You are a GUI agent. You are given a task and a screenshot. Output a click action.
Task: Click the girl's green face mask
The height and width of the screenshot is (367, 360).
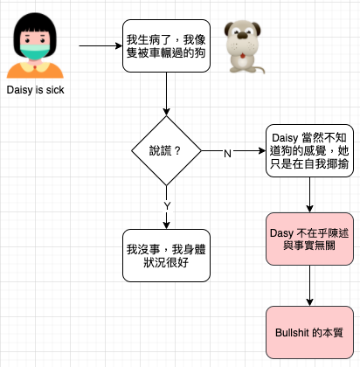tap(35, 52)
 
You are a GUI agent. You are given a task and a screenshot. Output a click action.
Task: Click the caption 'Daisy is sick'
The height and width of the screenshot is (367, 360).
tap(35, 90)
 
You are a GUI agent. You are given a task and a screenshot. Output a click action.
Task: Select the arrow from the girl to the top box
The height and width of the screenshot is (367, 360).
tap(100, 45)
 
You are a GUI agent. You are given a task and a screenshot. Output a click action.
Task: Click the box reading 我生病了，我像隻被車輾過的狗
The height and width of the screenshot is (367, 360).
tap(166, 45)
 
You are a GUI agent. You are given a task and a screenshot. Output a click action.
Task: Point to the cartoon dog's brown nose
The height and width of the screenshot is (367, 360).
tap(242, 36)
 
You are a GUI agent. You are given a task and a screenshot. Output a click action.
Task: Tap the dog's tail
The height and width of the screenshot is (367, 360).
tap(259, 69)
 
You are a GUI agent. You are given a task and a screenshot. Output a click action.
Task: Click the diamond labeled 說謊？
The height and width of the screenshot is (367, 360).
tap(166, 151)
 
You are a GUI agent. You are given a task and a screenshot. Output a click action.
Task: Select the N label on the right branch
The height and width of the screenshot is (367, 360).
tap(227, 154)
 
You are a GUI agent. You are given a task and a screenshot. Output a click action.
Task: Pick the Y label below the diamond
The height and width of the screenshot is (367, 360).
tap(167, 206)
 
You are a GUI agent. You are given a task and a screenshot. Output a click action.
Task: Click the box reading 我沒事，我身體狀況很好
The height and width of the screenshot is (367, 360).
tap(166, 255)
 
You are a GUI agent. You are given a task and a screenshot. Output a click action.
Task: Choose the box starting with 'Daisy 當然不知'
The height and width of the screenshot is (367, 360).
tap(309, 150)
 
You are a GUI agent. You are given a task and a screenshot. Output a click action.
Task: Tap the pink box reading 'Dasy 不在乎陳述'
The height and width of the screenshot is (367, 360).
tap(309, 239)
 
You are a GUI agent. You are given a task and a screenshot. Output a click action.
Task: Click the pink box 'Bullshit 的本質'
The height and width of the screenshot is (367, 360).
tap(309, 332)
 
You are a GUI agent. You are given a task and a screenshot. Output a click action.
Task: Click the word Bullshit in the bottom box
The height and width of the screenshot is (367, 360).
tap(292, 332)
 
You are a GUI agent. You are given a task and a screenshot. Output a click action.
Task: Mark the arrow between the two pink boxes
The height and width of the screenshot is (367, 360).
tap(309, 286)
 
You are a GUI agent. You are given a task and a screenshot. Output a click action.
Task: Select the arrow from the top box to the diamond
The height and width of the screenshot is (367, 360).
tap(166, 93)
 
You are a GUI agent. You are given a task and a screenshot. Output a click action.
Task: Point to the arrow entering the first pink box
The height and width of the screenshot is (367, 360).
tap(309, 195)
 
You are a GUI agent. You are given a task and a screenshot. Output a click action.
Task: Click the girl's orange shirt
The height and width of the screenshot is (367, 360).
tap(35, 71)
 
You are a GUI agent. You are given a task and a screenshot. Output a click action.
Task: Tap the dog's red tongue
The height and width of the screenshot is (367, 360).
tap(242, 55)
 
